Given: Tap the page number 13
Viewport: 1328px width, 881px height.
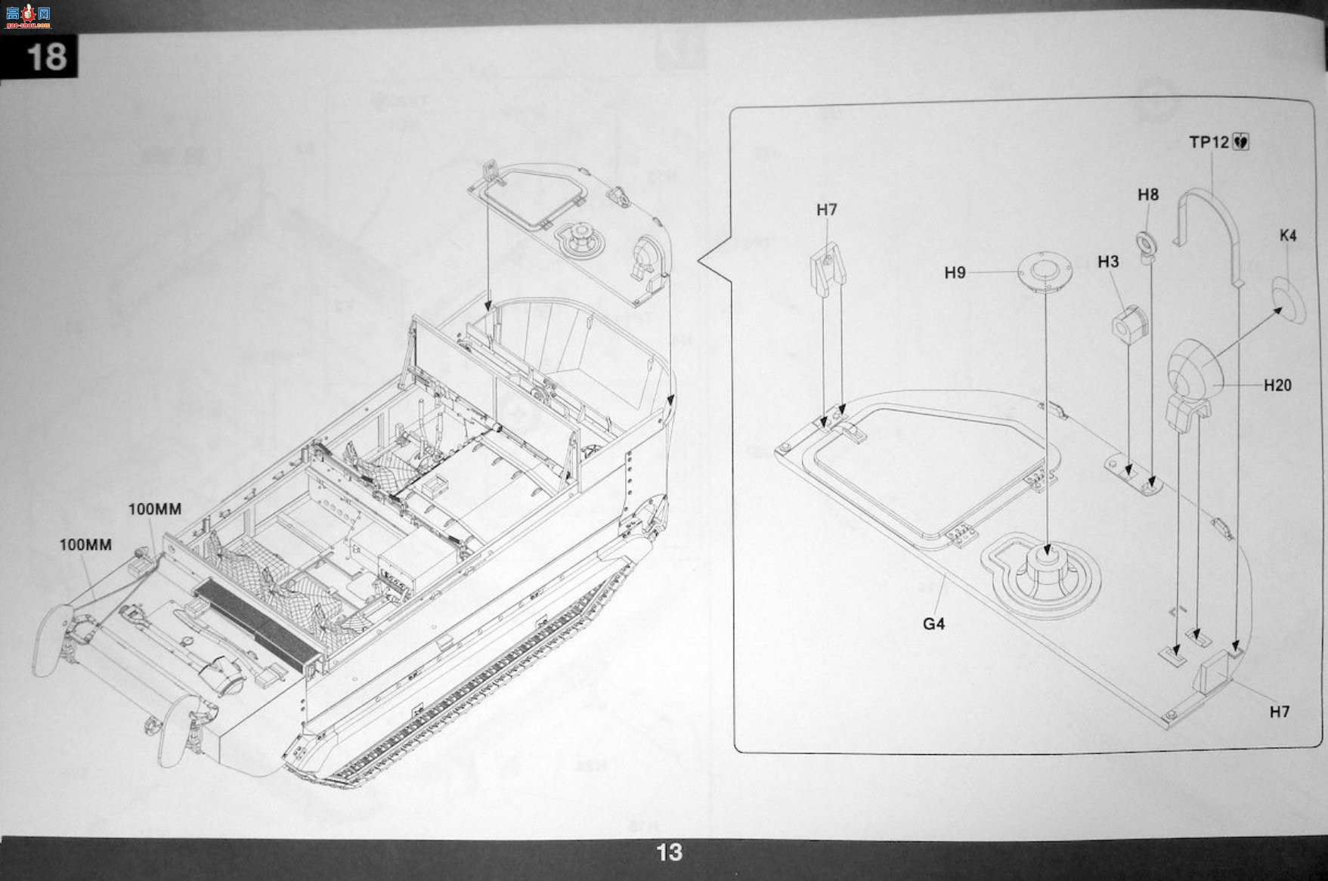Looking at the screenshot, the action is pos(670,852).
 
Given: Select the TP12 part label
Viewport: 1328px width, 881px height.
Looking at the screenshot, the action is pos(1209,142).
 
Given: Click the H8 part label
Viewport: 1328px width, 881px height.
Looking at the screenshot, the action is pos(1148,195).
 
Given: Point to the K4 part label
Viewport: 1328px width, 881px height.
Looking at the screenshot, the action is pos(1288,236).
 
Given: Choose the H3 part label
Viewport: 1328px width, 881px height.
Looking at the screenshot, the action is pos(1108,261).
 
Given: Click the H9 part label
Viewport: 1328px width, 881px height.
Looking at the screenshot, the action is pos(955,273).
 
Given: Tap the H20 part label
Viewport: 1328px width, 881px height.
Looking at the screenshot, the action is pos(1277,385).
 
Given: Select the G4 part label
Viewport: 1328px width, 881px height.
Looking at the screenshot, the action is pos(934,624).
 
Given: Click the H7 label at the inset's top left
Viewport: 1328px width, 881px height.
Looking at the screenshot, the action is pos(827,210).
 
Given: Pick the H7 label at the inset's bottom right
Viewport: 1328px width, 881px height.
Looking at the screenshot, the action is pos(1280,712).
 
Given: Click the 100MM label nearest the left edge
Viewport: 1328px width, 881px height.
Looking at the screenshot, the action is pos(85,545).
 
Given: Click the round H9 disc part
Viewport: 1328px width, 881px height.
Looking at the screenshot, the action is pos(1045,271).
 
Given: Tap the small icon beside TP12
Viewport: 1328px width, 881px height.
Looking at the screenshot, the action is pos(1241,142).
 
